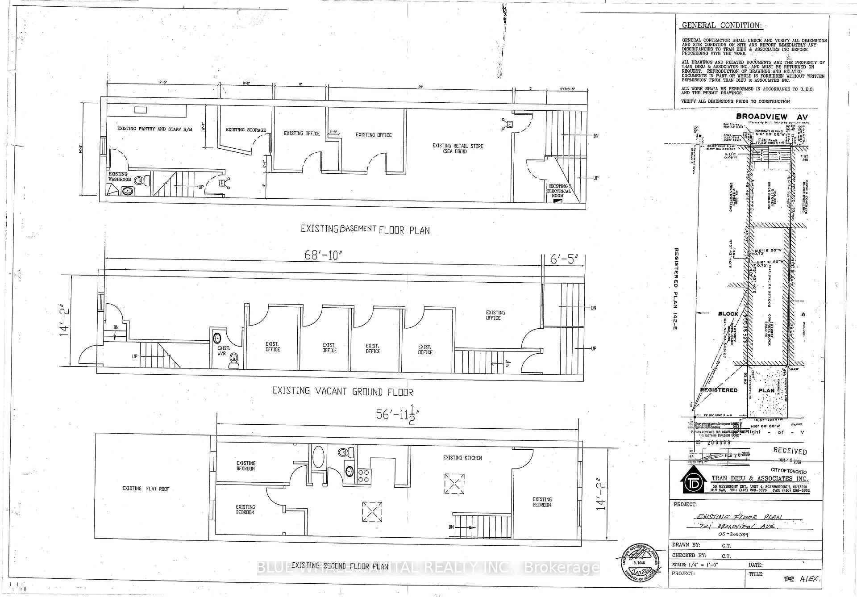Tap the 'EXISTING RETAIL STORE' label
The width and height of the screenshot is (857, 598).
coord(458,149)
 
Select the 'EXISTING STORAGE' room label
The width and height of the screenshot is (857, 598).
coord(245,130)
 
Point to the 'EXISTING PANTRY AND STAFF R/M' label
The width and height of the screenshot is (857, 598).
coord(155,129)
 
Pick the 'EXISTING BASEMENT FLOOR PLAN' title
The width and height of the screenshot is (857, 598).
coord(365,230)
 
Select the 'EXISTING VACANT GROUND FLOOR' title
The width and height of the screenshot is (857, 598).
coord(342,392)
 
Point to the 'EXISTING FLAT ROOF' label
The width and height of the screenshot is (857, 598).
coord(146,489)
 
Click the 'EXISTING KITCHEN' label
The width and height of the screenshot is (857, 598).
coord(462,458)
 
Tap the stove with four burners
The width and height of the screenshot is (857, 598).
coord(363,476)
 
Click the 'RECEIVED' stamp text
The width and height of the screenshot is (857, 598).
coord(790,452)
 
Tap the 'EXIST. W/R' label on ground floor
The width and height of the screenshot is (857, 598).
coord(224,351)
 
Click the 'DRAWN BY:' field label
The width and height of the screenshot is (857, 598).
coord(686,545)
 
